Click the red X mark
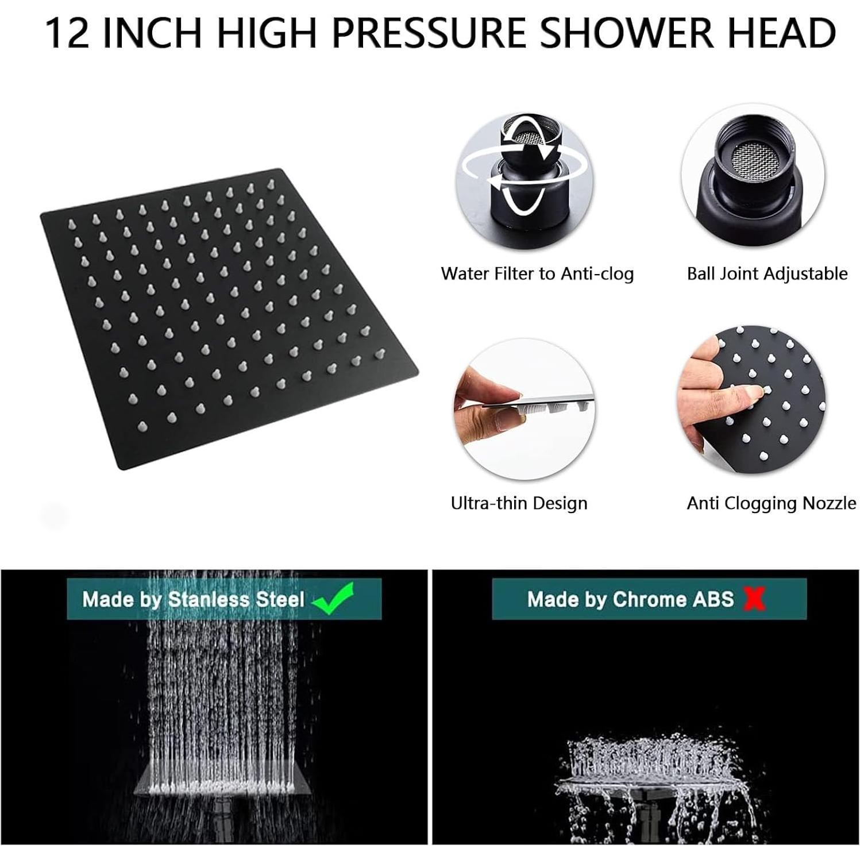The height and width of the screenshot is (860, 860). pos(754,599)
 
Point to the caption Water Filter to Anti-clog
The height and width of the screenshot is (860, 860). pos(537,273)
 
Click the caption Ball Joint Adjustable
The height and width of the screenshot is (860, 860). pos(767,273)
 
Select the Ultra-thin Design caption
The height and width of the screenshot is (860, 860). pos(519,503)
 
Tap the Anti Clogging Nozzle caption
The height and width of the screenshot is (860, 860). pos(771,503)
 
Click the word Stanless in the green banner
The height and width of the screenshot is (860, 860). pos(209,600)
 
